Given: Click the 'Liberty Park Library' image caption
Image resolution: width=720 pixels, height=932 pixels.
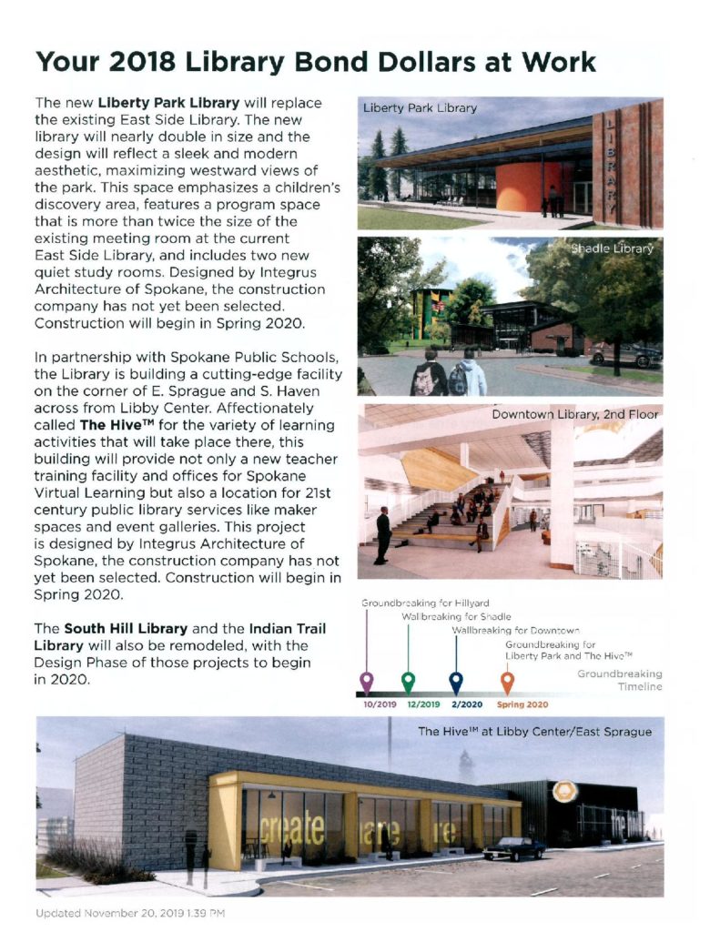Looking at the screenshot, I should [420, 108].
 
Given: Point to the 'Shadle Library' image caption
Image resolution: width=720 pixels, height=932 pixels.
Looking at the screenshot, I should [612, 248].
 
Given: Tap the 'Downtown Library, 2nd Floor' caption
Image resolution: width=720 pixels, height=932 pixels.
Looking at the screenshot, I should [575, 415].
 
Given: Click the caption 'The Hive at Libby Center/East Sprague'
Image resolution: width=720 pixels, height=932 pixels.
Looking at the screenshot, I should [534, 731].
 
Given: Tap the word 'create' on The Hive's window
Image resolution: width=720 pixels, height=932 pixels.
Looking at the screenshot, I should [292, 830].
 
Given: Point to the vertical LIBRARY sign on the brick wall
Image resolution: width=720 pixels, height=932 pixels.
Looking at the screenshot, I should [609, 164].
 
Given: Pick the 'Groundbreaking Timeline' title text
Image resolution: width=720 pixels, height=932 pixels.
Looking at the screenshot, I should [620, 681].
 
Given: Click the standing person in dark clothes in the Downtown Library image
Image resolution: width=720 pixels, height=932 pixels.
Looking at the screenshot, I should [382, 534].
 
